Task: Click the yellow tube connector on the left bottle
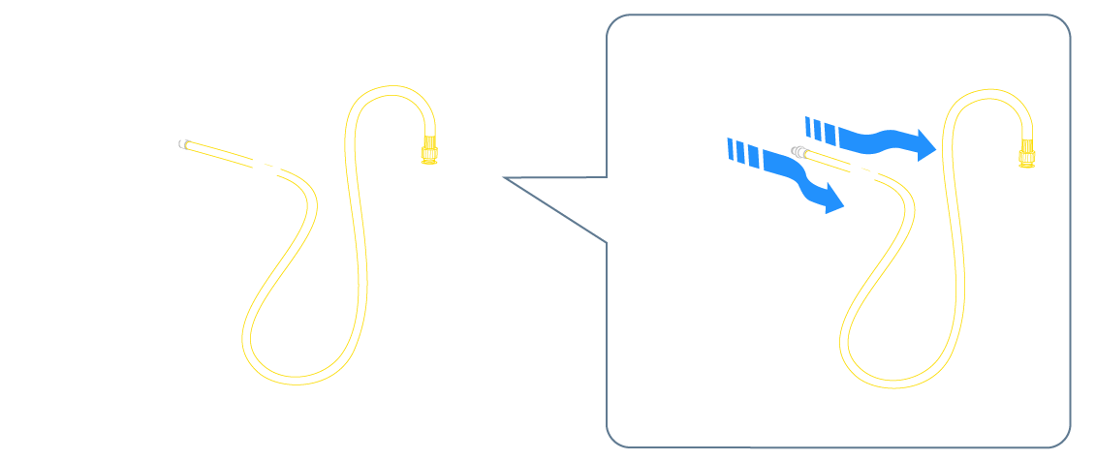click(426, 149)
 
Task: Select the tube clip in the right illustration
click(867, 171)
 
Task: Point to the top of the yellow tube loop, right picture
click(985, 89)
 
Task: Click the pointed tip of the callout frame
click(506, 178)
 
